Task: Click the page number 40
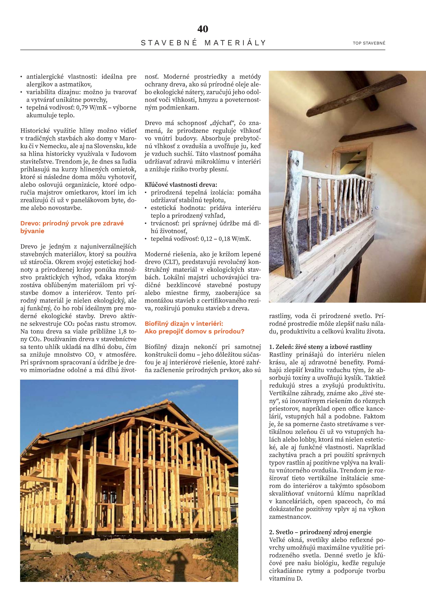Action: tap(203, 29)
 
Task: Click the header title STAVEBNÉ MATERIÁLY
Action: tap(203, 43)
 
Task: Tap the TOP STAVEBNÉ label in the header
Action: tap(369, 43)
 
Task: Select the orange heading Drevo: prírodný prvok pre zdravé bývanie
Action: tap(72, 227)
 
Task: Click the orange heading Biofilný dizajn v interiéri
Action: tap(184, 324)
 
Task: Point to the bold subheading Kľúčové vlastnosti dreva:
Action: tap(181, 185)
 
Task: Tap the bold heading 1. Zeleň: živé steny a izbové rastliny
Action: tap(320, 347)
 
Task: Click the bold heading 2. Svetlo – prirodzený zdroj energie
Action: tap(320, 532)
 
